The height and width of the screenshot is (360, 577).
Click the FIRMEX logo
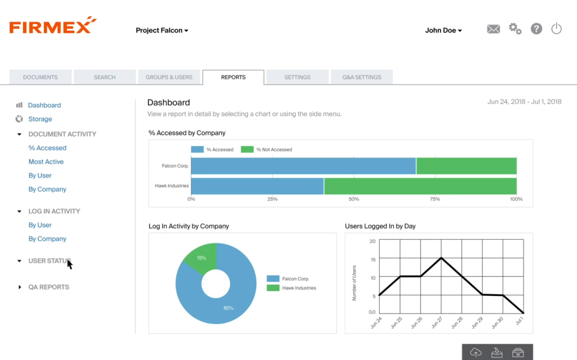[52, 25]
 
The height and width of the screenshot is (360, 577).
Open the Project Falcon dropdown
[162, 31]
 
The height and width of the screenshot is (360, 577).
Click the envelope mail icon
[493, 29]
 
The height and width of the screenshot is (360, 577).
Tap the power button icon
[556, 29]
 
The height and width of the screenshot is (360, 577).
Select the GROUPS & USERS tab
[169, 77]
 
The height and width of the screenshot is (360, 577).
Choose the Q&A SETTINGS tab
[361, 77]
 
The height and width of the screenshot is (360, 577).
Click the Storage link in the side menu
[40, 119]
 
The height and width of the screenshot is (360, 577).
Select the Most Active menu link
[46, 162]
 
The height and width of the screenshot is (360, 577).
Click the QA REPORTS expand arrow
[20, 287]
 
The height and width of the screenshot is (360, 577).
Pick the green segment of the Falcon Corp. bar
[466, 166]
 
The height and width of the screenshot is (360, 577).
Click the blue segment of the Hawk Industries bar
[257, 186]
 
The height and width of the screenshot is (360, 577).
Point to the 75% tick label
[435, 199]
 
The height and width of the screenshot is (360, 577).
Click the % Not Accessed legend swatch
[247, 150]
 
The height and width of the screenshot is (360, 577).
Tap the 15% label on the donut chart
[202, 258]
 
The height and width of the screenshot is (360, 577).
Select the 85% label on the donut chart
[228, 308]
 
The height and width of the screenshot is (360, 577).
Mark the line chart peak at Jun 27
[441, 258]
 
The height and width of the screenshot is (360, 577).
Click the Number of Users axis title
[354, 283]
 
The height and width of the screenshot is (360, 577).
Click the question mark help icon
[536, 29]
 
